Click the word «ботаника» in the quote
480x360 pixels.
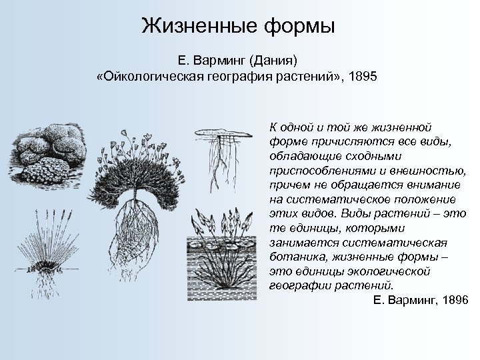click(291, 257)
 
